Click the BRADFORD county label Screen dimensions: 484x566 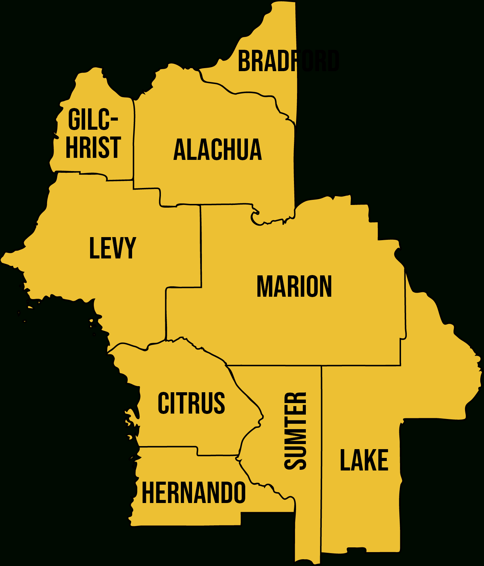(x=288, y=61)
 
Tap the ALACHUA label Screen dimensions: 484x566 (x=218, y=150)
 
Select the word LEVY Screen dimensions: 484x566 (x=112, y=248)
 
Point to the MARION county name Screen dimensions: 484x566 (x=294, y=287)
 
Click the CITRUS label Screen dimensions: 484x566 (x=191, y=403)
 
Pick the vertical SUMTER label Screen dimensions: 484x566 (x=295, y=431)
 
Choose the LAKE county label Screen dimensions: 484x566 (x=364, y=460)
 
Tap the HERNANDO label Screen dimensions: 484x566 (x=193, y=493)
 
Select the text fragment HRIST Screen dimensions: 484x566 (x=93, y=147)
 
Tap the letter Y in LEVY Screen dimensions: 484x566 (x=129, y=248)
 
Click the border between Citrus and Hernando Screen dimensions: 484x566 (x=169, y=447)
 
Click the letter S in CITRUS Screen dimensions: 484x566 (x=219, y=403)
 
